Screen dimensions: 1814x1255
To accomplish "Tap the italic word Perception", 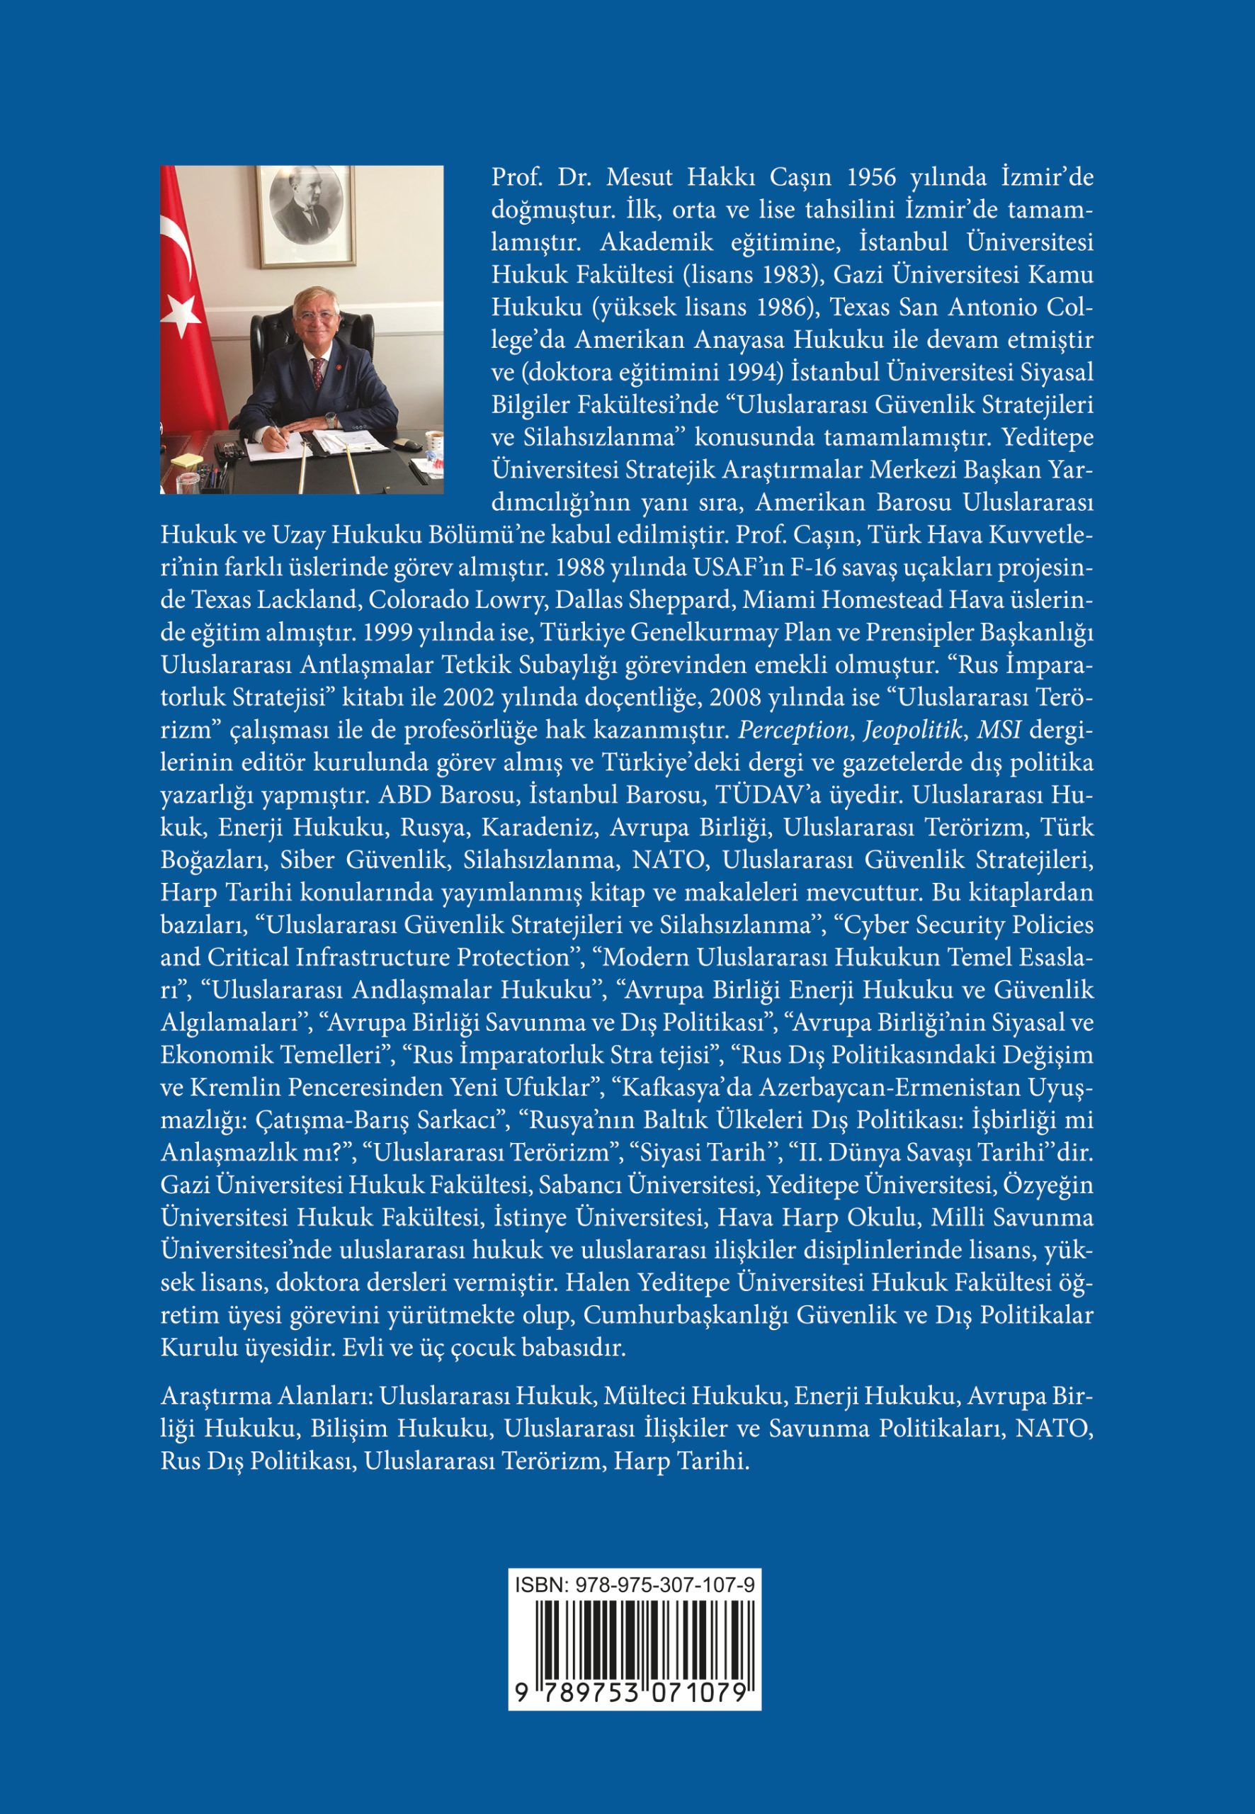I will click(794, 730).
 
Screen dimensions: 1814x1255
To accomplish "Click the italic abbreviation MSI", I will click(999, 730).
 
